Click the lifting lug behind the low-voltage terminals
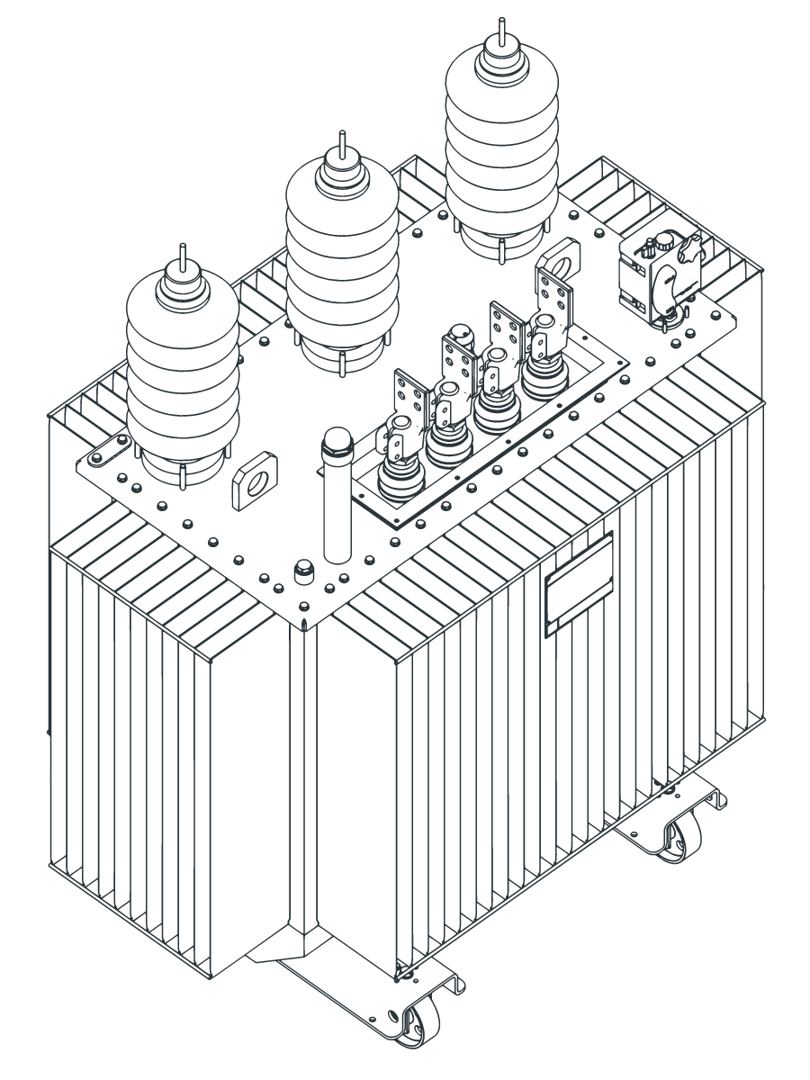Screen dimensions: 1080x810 [562, 260]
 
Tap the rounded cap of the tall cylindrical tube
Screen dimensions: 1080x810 [337, 441]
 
